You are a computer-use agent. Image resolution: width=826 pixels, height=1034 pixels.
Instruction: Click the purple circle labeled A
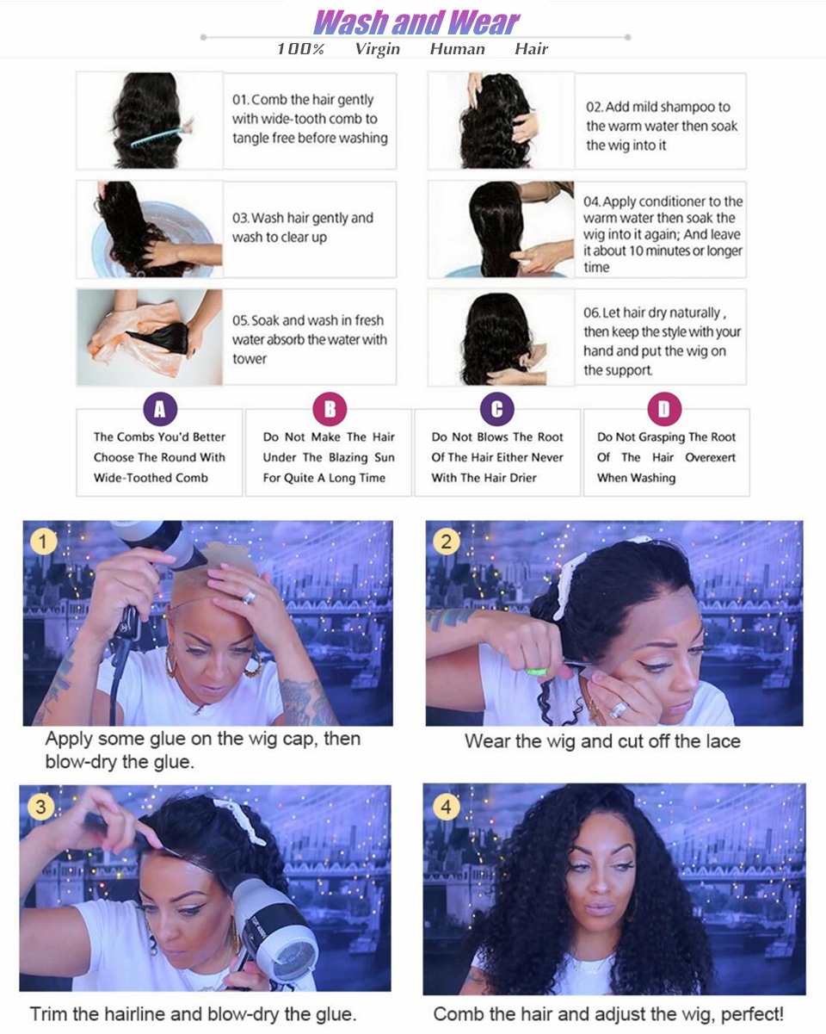coord(159,409)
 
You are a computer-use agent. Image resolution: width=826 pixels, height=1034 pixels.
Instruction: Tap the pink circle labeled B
coord(329,409)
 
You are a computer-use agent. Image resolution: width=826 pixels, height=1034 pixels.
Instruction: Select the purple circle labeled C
coord(496,409)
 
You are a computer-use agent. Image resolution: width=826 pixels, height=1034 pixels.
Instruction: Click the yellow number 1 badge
coord(44,542)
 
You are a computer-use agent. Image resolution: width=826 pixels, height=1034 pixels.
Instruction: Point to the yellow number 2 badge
coord(446,542)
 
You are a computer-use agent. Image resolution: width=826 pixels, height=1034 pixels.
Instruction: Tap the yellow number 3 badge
coord(40,807)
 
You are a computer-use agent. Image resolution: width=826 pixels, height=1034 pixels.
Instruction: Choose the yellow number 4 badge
coord(445,807)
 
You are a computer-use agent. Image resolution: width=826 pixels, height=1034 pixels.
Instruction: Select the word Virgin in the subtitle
coord(377,49)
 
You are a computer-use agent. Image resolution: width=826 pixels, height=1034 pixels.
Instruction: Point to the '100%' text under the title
coord(300,49)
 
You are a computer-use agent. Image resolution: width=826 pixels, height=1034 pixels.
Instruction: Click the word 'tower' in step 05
coord(250,359)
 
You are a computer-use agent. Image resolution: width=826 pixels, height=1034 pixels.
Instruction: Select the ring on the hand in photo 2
coord(619,709)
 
